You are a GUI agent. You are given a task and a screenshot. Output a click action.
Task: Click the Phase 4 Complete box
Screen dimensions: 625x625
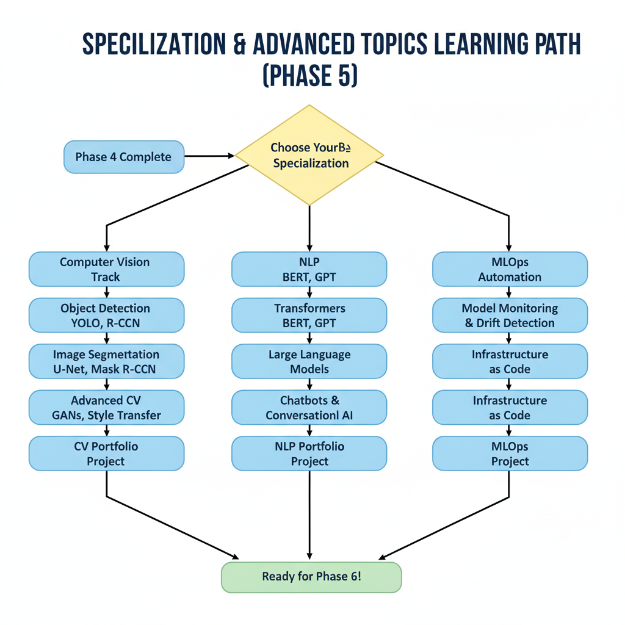point(123,157)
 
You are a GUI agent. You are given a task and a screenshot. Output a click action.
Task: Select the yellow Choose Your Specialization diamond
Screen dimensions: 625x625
point(310,155)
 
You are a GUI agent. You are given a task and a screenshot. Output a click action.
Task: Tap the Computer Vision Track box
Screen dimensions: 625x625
point(106,269)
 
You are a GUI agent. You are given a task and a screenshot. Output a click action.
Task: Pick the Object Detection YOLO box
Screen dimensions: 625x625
point(106,316)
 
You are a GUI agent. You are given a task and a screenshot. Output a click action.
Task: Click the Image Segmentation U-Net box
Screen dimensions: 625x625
point(106,361)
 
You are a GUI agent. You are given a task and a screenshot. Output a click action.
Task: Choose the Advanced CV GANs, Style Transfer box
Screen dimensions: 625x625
point(106,408)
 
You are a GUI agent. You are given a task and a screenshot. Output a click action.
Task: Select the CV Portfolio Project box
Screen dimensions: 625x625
point(106,453)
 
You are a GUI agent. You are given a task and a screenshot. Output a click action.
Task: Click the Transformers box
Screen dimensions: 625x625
point(309,316)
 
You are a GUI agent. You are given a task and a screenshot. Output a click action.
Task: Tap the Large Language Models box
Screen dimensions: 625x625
point(309,361)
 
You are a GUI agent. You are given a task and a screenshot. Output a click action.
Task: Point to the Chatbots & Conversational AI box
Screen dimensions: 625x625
point(309,408)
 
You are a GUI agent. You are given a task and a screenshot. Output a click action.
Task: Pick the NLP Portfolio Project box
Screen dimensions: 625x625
point(309,453)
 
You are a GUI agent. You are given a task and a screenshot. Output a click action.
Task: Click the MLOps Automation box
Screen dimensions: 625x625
point(510,269)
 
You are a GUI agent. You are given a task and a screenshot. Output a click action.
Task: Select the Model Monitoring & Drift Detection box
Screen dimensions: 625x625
point(510,316)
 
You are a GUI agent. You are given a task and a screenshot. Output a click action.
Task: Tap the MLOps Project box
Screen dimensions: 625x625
point(510,453)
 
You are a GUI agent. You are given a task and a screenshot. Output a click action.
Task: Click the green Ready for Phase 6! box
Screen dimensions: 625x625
point(311,576)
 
